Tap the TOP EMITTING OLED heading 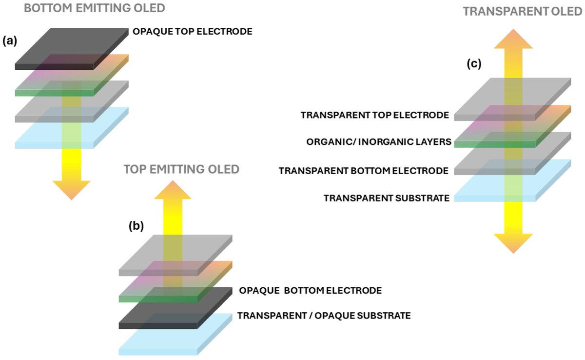(x=181, y=169)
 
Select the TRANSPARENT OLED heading (x=523, y=11)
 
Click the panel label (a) (x=10, y=41)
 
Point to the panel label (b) (x=136, y=226)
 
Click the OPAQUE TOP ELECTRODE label (x=193, y=32)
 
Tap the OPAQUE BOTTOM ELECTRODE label (x=310, y=291)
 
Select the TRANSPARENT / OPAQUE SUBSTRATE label (x=324, y=316)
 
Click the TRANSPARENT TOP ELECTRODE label (x=375, y=116)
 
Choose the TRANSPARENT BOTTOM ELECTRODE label (x=364, y=171)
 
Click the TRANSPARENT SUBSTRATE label (x=386, y=198)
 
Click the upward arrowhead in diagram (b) (x=173, y=189)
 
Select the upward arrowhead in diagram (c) (x=512, y=39)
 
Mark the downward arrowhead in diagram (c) (x=513, y=242)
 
